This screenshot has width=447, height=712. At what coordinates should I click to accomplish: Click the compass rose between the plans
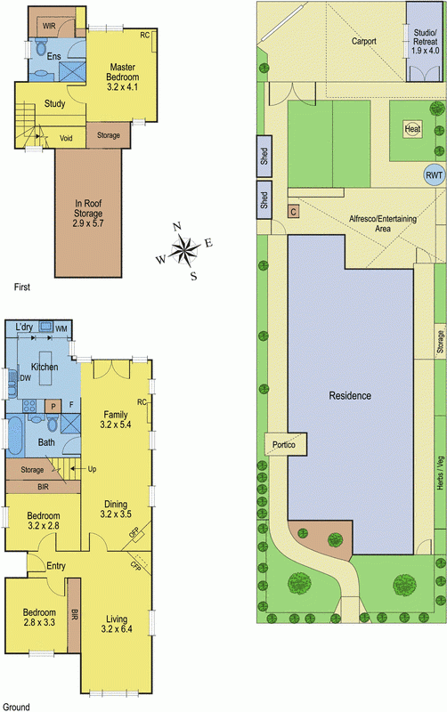click(185, 250)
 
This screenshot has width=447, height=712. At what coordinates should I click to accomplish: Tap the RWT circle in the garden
click(434, 175)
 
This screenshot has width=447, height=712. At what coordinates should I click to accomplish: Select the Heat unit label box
click(412, 129)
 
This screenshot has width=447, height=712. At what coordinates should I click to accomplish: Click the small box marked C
click(294, 212)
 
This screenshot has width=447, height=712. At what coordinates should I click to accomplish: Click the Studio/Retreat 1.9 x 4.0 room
click(425, 42)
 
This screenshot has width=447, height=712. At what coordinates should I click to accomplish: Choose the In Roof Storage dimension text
click(88, 223)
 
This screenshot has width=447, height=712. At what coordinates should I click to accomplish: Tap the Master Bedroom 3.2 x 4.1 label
click(122, 77)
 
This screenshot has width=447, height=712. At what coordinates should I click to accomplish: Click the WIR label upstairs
click(49, 26)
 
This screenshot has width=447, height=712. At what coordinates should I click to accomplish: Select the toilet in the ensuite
click(40, 46)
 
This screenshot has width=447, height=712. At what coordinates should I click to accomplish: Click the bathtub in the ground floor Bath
click(14, 436)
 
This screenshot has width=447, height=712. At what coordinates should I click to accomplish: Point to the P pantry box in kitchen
click(53, 407)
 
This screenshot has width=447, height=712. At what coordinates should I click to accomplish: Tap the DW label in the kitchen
click(26, 377)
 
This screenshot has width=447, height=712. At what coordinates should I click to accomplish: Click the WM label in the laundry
click(61, 328)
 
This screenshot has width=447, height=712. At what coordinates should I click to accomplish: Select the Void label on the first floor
click(66, 139)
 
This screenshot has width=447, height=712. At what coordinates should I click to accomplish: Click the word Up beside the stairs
click(92, 469)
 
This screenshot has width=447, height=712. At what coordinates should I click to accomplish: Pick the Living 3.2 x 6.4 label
click(117, 624)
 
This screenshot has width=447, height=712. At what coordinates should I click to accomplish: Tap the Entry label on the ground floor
click(56, 566)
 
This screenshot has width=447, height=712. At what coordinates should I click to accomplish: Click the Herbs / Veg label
click(440, 473)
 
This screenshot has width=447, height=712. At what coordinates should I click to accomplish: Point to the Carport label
click(364, 41)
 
